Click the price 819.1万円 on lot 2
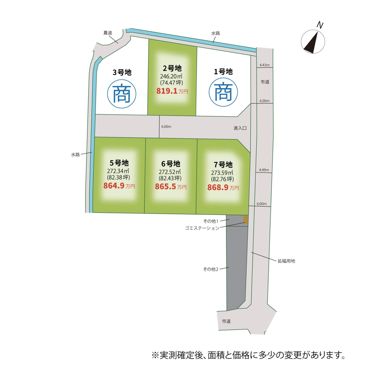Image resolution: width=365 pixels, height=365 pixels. tap(172, 91)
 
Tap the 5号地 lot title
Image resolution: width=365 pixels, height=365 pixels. tap(119, 163)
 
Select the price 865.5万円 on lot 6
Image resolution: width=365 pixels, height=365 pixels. tap(171, 186)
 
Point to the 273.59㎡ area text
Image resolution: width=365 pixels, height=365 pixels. tap(222, 173)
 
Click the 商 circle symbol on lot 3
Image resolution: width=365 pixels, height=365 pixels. tap(122, 94)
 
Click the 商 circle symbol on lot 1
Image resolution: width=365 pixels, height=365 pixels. tap(223, 92)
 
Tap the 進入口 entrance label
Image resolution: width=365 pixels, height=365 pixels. tap(240, 128)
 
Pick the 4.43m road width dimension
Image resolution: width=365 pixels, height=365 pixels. tap(264, 65)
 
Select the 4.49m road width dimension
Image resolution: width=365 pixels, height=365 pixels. tap(264, 170)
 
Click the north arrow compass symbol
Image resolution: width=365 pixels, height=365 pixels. tap(313, 42)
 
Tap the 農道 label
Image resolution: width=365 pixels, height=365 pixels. tap(108, 33)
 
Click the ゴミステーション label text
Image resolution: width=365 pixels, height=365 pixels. tap(202, 228)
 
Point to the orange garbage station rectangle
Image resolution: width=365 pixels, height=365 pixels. tap(245, 220)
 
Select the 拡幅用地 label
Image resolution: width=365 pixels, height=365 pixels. tap(286, 261)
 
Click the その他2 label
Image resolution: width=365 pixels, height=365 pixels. tap(211, 269)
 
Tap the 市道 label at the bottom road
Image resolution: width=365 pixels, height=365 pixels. tap(226, 321)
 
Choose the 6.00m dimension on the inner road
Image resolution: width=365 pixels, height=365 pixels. tap(166, 127)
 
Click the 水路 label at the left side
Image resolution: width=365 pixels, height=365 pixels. tap(75, 154)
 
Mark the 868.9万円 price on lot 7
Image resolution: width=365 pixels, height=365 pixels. tap(223, 188)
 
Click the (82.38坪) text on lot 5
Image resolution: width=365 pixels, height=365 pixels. tap(118, 177)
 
